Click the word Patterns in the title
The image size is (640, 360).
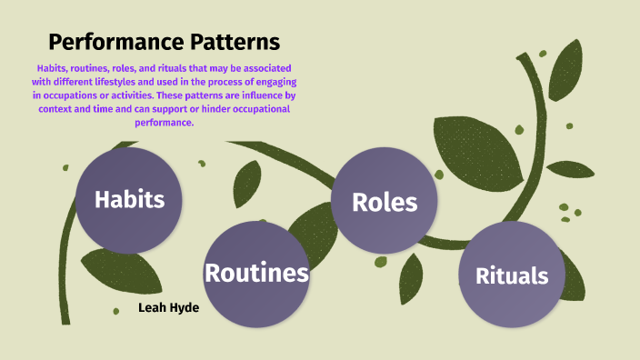230,42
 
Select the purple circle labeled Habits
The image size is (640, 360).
129,200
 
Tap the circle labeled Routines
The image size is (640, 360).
256,273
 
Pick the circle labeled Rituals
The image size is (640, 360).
512,275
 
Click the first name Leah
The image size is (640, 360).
154,308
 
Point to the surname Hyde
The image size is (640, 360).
185,308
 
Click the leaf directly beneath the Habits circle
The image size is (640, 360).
133,271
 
